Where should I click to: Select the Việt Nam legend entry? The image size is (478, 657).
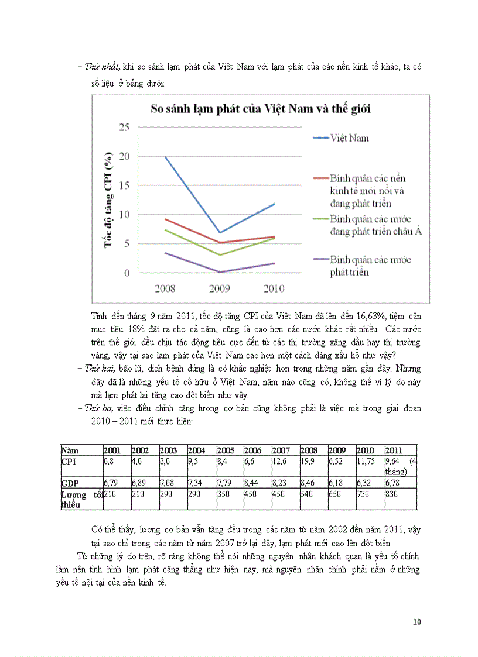[349, 138]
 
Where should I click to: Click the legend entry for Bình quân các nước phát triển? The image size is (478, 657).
[370, 266]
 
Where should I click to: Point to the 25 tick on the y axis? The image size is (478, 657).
[124, 128]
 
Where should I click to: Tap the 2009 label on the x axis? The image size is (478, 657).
[219, 288]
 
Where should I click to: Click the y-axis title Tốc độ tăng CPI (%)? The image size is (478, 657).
[109, 200]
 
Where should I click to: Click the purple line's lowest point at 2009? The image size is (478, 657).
[219, 272]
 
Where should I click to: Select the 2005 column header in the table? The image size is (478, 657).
[226, 450]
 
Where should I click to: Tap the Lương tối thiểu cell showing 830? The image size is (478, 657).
[391, 495]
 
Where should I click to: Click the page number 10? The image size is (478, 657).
[416, 622]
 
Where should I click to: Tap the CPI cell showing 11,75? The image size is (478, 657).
[366, 461]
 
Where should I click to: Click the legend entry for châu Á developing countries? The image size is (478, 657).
[375, 225]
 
